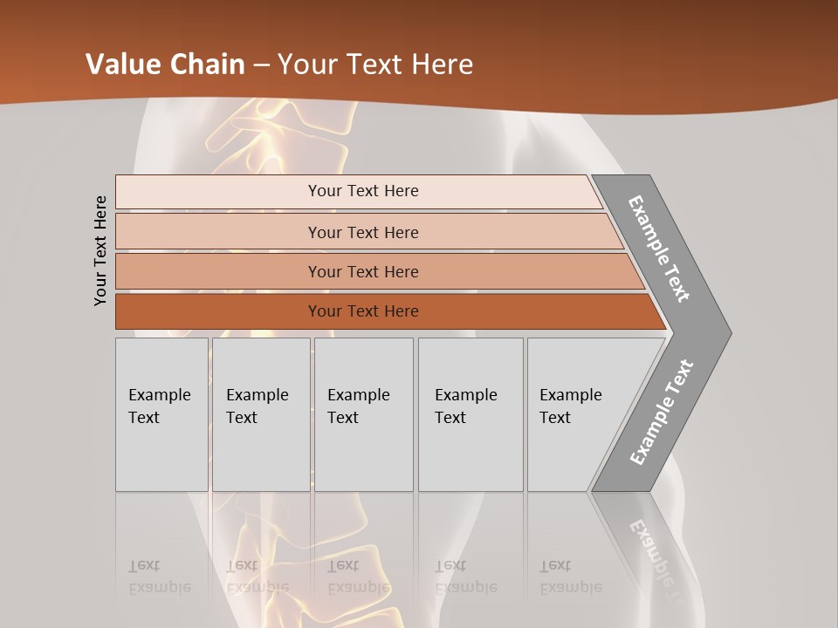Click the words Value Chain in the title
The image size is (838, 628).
tap(164, 64)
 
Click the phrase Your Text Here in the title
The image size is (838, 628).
tap(375, 64)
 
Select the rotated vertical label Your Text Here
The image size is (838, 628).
tap(100, 250)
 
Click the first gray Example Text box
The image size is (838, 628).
tap(161, 414)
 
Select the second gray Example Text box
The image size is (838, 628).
tap(261, 414)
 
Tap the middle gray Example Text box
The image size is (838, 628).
tap(363, 414)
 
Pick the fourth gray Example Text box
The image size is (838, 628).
tap(471, 414)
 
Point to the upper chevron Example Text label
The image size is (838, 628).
tap(659, 249)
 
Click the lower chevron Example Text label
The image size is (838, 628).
tap(662, 412)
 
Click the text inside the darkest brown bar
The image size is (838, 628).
tap(363, 311)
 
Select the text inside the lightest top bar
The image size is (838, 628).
tap(363, 191)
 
